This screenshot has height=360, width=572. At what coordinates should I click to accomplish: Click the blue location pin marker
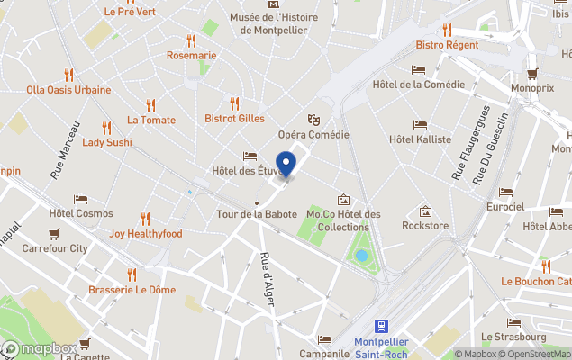tap(286, 165)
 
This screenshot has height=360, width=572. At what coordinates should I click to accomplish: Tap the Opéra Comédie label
tap(313, 135)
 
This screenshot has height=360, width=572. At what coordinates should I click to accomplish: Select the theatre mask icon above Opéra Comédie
tap(313, 118)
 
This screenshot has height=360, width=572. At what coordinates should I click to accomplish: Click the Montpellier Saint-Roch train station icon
tap(383, 325)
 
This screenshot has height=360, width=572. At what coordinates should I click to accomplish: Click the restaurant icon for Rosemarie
tap(191, 40)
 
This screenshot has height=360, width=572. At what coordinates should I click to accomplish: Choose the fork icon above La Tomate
tap(150, 103)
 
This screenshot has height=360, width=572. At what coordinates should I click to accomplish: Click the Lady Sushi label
tap(107, 142)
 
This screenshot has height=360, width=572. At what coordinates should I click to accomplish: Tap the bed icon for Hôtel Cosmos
tap(81, 199)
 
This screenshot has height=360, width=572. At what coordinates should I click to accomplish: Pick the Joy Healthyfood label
tap(146, 234)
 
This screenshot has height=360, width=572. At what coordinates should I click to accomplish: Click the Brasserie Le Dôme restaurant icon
tap(132, 274)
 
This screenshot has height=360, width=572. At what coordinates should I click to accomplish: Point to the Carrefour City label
tap(54, 248)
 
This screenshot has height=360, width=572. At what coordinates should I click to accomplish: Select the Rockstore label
tap(425, 226)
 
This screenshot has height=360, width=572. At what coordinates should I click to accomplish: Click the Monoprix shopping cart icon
tap(531, 73)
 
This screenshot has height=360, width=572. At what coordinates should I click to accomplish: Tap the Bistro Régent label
tap(447, 45)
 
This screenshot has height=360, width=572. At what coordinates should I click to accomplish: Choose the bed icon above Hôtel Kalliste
tap(420, 124)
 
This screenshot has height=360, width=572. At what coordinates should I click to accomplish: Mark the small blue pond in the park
tap(361, 256)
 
